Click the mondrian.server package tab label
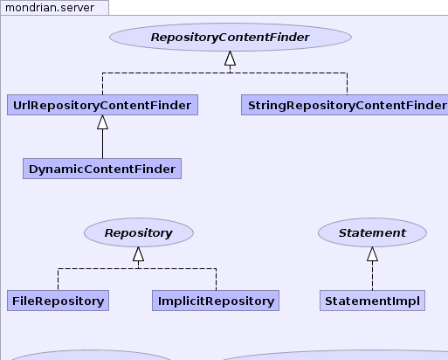[x=50, y=8]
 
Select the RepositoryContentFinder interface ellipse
[x=231, y=38]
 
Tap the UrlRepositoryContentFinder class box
[x=102, y=105]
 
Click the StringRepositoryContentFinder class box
[x=345, y=105]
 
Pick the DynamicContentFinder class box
[x=102, y=169]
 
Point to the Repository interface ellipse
[x=139, y=232]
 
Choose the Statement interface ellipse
[x=372, y=232]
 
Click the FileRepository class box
[x=58, y=301]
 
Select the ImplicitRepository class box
[x=216, y=301]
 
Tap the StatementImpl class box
[x=372, y=301]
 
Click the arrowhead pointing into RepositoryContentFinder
[x=230, y=59]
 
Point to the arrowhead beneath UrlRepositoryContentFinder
[x=102, y=122]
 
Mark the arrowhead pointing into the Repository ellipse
[x=138, y=254]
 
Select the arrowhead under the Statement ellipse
[x=372, y=254]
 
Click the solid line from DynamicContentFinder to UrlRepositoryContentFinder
[x=102, y=144]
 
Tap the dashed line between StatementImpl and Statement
[x=372, y=275]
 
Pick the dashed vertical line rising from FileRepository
[x=58, y=280]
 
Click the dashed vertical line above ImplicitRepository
[x=216, y=280]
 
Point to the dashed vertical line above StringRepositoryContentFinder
[x=347, y=84]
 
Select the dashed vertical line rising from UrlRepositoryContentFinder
[x=102, y=84]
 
